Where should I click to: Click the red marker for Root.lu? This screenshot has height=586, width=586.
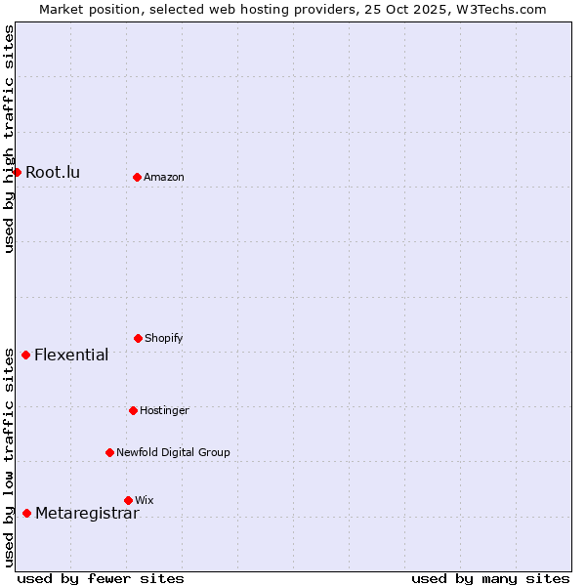tap(17, 172)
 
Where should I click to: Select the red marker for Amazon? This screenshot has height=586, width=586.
tap(138, 177)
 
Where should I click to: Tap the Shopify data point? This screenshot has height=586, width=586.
tap(139, 338)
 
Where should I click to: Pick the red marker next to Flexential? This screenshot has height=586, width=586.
tap(26, 355)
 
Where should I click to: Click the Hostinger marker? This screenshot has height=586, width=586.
tap(134, 410)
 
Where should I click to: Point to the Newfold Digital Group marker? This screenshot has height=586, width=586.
tap(110, 452)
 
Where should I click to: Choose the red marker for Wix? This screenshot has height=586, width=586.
tap(128, 500)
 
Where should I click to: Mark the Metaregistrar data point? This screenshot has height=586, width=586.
tap(27, 514)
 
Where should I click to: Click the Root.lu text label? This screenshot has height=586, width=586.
tap(53, 173)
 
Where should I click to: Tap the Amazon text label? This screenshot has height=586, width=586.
tap(164, 177)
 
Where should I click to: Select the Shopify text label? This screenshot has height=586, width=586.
tap(164, 338)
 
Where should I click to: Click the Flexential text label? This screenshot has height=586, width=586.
tap(71, 355)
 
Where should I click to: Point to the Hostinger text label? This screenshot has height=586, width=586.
tap(164, 410)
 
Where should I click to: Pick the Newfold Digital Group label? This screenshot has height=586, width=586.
tap(173, 452)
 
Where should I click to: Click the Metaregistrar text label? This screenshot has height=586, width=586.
tap(87, 514)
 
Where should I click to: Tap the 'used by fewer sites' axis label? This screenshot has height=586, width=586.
tap(101, 578)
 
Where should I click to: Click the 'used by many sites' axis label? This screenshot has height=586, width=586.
tap(490, 578)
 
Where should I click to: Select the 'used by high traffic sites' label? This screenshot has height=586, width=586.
tap(9, 139)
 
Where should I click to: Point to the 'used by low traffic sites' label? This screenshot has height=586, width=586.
tap(9, 457)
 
